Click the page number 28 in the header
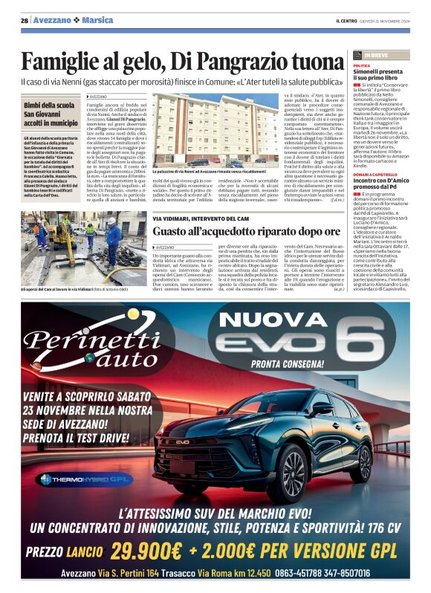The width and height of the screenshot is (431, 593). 25,20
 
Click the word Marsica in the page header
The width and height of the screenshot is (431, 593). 97,20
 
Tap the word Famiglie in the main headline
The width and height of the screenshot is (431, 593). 62,60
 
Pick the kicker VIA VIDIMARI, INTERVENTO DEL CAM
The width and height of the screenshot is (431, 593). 201,218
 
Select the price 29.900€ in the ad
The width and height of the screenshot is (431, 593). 144,551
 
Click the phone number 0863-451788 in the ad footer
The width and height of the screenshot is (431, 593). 305,573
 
